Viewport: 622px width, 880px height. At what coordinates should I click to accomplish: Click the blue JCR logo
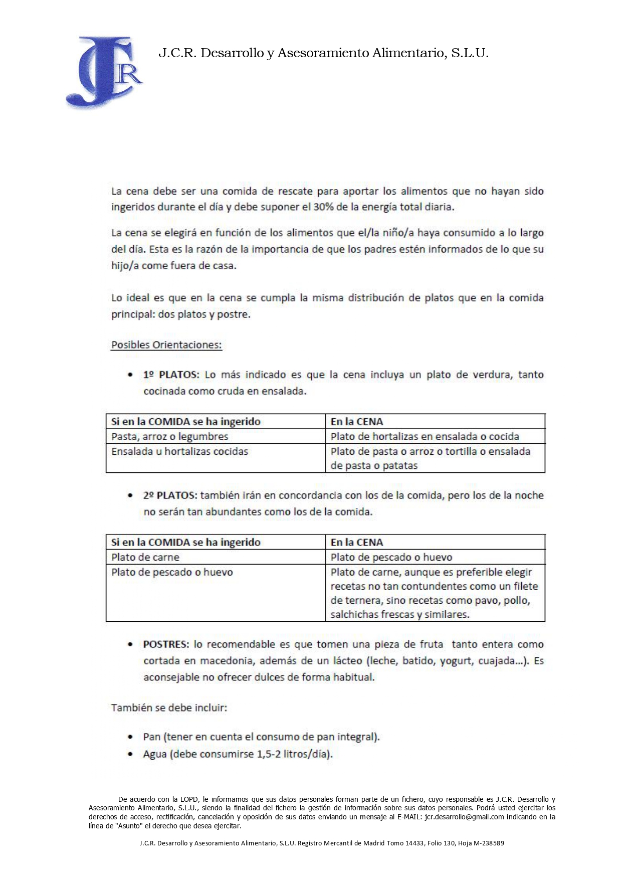click(104, 71)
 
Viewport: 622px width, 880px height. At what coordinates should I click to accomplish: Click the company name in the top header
click(323, 53)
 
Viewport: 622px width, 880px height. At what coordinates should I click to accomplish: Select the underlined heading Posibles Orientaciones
click(166, 345)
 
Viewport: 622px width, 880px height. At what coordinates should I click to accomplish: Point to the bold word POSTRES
click(166, 644)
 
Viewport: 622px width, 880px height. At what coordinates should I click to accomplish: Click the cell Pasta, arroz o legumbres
click(170, 437)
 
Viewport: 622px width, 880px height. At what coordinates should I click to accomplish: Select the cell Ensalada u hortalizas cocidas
click(179, 452)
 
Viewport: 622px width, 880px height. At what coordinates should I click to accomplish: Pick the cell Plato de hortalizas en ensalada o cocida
click(425, 437)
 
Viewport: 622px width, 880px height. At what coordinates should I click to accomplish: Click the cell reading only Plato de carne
click(145, 558)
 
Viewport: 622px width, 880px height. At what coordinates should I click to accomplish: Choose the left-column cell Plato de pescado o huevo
click(172, 573)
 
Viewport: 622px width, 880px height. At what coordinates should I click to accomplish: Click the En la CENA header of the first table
click(357, 422)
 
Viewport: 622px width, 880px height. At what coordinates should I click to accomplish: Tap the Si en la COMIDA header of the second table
click(186, 543)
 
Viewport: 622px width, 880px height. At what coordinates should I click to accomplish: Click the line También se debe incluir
click(169, 708)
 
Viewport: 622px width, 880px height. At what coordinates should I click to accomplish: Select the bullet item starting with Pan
click(261, 737)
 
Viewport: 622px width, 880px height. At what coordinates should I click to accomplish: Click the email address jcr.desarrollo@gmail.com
click(464, 817)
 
